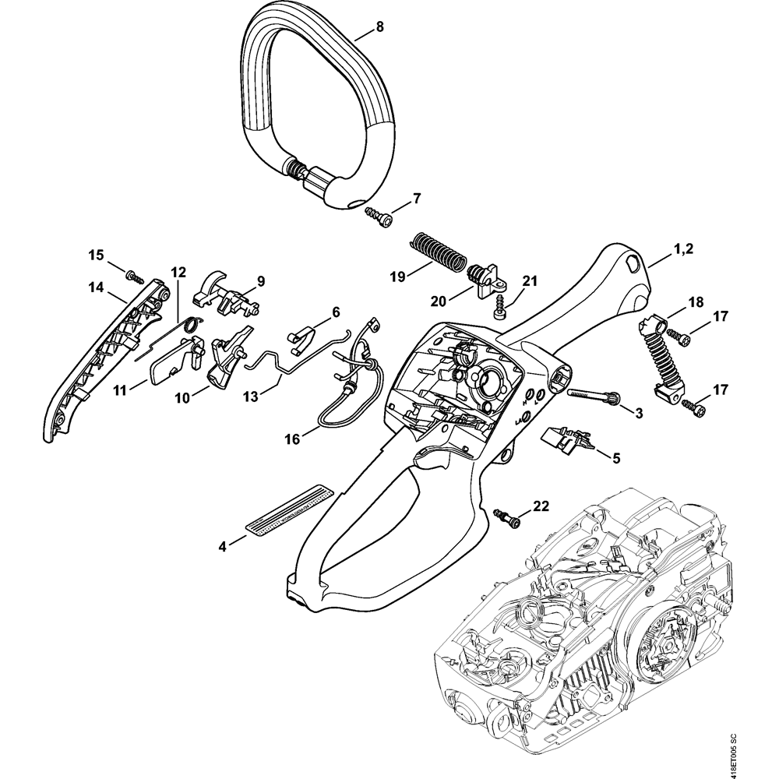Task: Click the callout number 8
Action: (379, 26)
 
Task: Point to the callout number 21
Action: (530, 280)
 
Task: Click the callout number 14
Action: (96, 287)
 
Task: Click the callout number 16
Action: (292, 439)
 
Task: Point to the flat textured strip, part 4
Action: (287, 510)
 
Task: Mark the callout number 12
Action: (178, 272)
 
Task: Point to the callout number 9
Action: (261, 280)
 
